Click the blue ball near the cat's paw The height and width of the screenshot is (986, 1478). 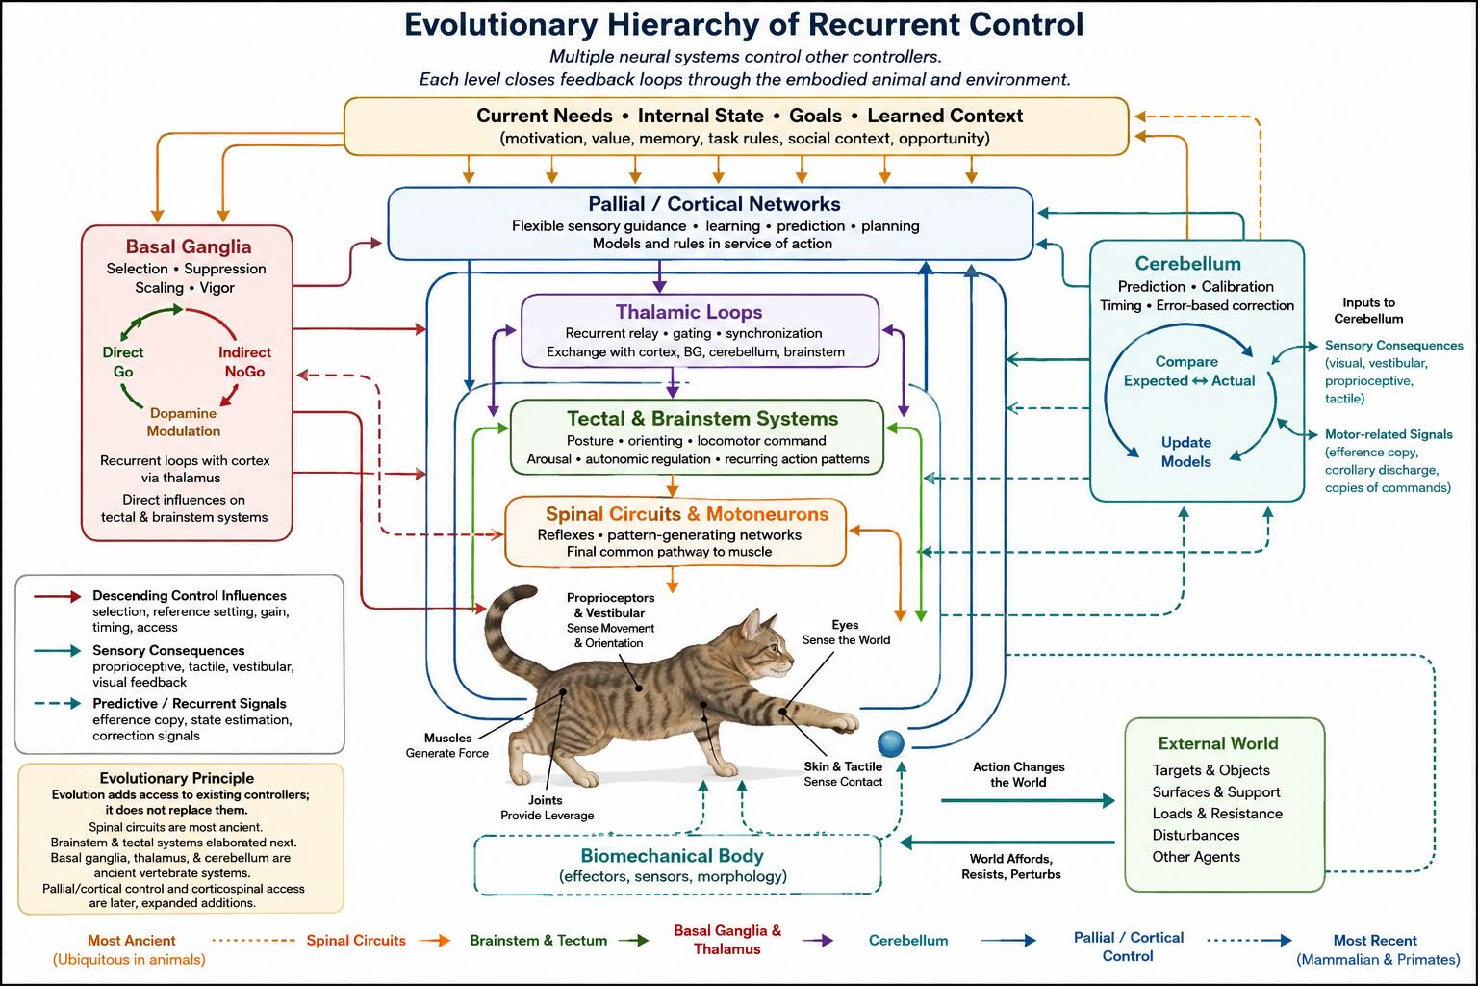[891, 743]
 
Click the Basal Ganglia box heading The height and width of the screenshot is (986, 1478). [189, 247]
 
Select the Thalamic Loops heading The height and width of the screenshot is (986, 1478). [689, 312]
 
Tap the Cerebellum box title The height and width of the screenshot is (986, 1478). [1187, 264]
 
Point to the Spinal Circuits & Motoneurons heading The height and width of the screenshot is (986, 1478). [687, 514]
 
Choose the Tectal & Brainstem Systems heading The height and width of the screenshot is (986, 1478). [702, 419]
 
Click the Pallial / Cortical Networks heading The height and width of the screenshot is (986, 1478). [715, 204]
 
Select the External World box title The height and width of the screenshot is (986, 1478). [1218, 743]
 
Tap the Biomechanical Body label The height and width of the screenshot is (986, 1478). [672, 856]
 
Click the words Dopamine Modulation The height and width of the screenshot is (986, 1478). [184, 422]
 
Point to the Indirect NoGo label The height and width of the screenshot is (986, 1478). [244, 362]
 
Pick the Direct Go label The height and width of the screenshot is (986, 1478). [123, 362]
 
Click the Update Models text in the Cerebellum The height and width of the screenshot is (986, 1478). [1186, 452]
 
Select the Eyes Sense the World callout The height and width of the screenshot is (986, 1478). [846, 632]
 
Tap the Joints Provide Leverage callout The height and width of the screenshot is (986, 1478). [547, 808]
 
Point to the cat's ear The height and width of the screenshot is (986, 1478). [751, 621]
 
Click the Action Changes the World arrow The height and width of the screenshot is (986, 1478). [1028, 800]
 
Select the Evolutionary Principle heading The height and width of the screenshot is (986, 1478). [177, 778]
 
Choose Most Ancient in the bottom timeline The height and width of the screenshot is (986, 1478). [132, 941]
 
